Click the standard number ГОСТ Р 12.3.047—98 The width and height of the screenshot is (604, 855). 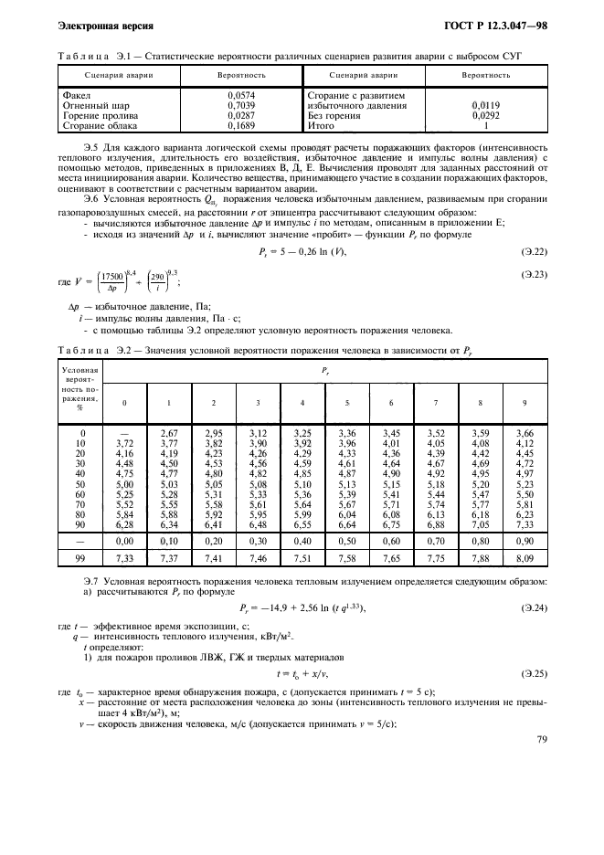(x=496, y=21)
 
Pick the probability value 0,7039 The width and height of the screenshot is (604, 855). (x=240, y=106)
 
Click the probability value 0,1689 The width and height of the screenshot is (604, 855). (x=240, y=127)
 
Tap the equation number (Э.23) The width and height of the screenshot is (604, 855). (x=533, y=274)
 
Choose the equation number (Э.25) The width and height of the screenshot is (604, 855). (x=533, y=672)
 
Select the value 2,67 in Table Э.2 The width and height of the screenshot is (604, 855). (x=168, y=432)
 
